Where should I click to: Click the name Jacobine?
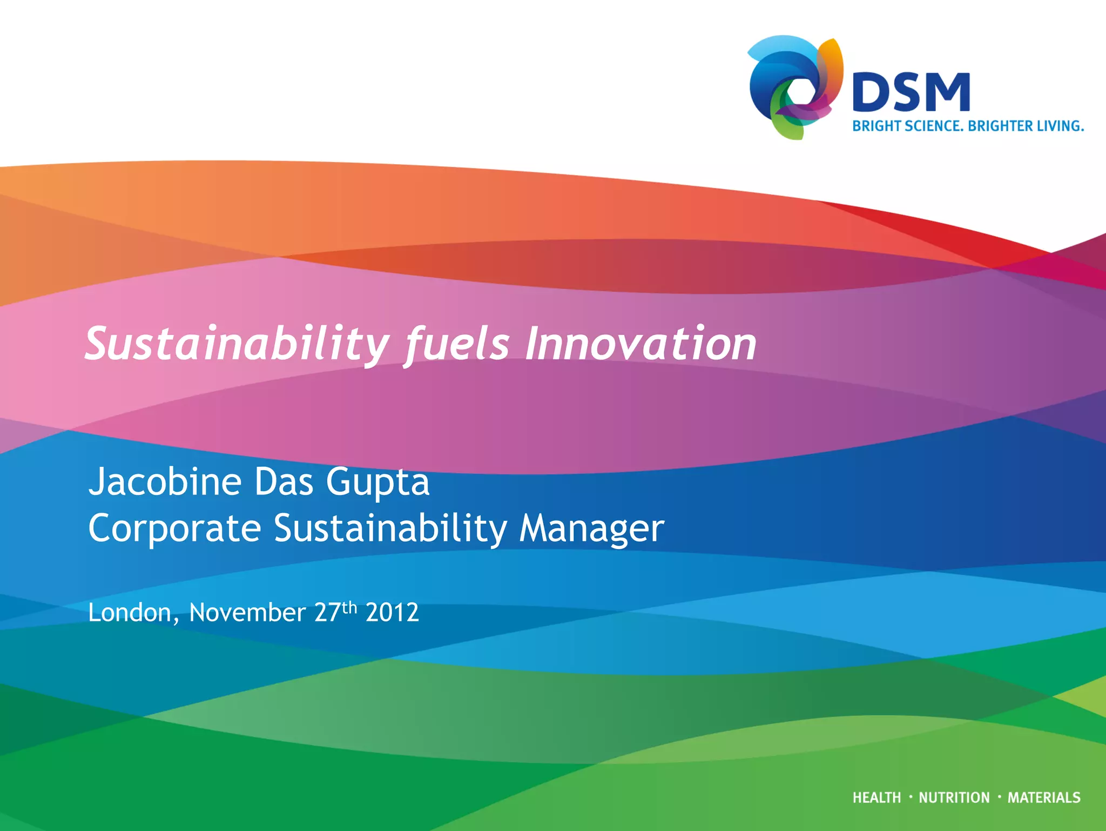tap(165, 481)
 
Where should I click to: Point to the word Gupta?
tap(377, 482)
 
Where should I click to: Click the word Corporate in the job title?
tap(174, 528)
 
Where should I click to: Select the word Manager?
tap(591, 529)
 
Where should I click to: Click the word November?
tap(247, 613)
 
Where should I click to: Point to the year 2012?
tap(392, 613)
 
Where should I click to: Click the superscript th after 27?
tap(349, 607)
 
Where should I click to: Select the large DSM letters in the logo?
tap(911, 93)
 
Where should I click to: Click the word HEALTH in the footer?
tap(876, 798)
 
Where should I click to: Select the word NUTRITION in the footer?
tap(954, 798)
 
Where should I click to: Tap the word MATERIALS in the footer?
tap(1044, 798)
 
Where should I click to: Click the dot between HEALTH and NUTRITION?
tap(911, 796)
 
